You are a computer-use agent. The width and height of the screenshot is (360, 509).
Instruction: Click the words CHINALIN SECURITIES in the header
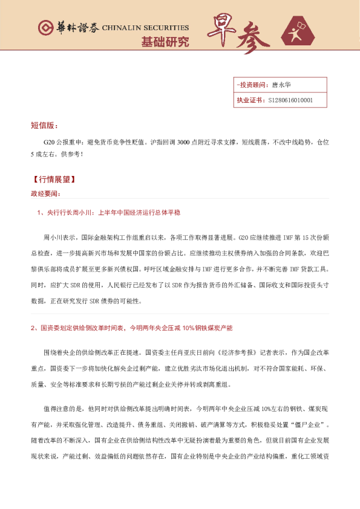pos(145,28)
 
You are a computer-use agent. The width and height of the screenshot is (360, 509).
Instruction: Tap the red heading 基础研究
pos(165,42)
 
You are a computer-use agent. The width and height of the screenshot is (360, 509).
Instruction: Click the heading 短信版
pos(44,125)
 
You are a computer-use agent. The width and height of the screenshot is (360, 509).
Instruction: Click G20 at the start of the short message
pos(49,141)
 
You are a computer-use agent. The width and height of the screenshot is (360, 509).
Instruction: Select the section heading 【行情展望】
pos(54,180)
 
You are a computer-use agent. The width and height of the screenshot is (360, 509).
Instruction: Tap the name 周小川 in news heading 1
pos(82,213)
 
